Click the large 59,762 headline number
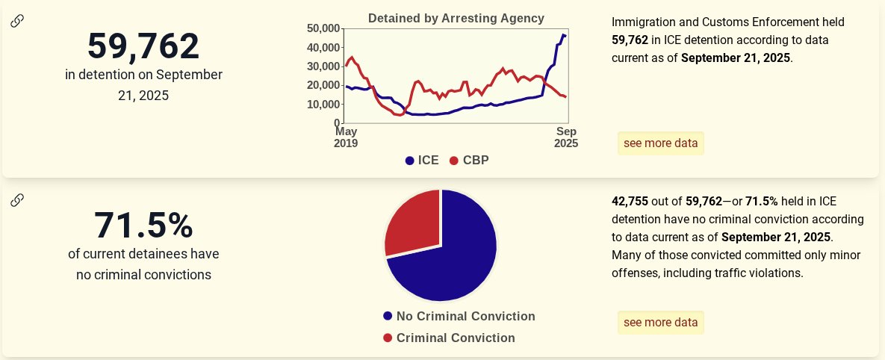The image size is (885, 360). pos(143,46)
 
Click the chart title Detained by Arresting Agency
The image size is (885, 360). pos(456,18)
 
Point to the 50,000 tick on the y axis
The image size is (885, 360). pos(323,28)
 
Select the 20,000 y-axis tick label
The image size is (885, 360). pos(323,85)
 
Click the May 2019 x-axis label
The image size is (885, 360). pos(346,137)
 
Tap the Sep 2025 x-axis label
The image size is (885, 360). pos(565,137)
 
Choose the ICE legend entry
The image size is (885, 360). pos(422,160)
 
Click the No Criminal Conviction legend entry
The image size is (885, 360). pos(459,316)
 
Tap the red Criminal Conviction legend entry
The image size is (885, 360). pos(448,338)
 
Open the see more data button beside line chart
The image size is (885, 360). pos(660,143)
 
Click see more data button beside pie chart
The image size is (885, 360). pos(660,323)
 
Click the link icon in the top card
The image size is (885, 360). pos(17,21)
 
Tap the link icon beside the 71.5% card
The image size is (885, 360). pos(17,199)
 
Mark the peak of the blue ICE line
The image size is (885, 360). pos(563,34)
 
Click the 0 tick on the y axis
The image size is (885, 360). pos(338,122)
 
